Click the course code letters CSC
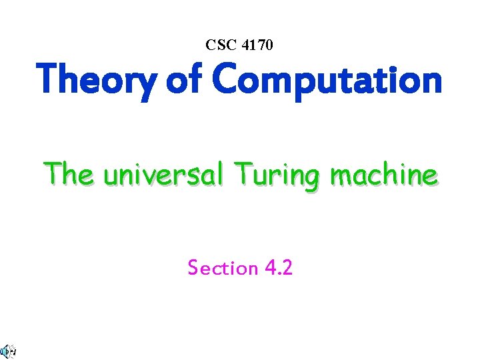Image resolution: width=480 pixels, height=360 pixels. click(x=219, y=45)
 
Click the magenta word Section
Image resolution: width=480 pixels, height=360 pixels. click(x=223, y=268)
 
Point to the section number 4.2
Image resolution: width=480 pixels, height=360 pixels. click(x=279, y=268)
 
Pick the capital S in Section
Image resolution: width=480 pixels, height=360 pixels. click(x=193, y=268)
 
